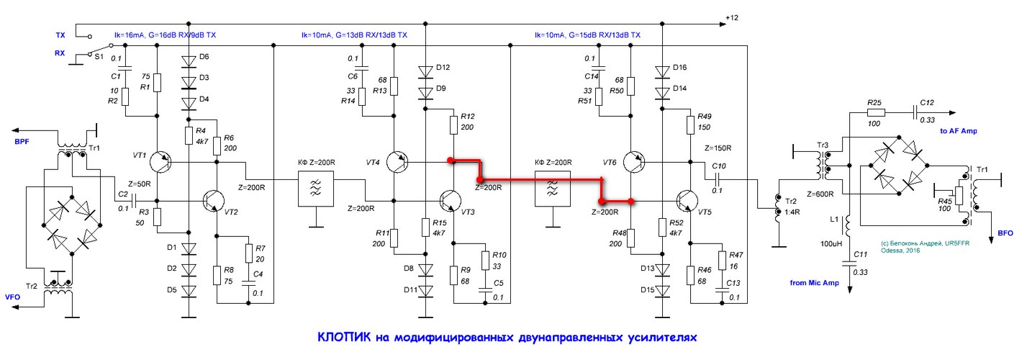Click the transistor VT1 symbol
pos(160,163)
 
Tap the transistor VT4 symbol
pos(397,162)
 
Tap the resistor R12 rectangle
pos(453,125)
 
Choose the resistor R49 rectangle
pos(689,125)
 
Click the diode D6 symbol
pos(189,60)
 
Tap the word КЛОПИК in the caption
pos(343,337)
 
